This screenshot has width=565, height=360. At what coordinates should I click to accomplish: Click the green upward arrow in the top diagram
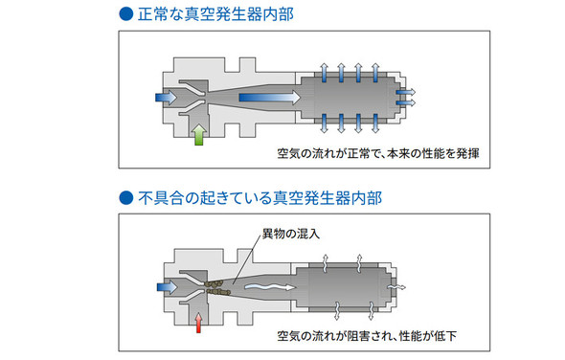point(199,135)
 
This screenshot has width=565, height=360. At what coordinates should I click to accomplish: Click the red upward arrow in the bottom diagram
point(198,323)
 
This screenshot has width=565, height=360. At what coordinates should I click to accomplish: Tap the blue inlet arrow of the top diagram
point(166,98)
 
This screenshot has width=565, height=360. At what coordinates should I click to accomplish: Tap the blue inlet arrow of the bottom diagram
point(168,287)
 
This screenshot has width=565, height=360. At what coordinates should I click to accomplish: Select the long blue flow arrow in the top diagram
point(270,98)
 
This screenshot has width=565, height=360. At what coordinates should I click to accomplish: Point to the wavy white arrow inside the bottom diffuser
point(270,287)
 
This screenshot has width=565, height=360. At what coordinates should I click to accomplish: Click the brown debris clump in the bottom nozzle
point(217,287)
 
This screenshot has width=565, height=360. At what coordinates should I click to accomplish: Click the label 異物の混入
point(291,235)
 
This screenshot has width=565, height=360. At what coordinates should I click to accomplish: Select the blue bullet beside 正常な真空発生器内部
point(126,14)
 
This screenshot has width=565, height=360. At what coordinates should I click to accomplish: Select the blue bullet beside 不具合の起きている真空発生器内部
point(126,197)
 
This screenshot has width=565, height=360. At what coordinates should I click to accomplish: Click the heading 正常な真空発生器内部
point(215,14)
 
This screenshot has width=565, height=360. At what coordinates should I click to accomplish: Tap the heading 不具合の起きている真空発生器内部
point(260,198)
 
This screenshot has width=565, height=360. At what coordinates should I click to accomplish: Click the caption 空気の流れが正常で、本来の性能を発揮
point(378,153)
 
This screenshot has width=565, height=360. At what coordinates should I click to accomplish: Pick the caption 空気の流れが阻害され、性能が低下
point(367,336)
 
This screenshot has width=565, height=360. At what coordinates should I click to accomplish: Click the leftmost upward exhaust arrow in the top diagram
point(324,73)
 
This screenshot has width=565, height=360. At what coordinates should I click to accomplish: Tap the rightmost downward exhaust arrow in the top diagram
point(375,124)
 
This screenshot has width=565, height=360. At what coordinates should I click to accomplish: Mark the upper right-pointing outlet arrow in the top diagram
point(406,92)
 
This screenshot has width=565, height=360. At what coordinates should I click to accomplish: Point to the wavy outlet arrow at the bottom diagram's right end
point(396,287)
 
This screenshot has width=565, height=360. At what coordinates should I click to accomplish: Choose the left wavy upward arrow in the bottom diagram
point(325,263)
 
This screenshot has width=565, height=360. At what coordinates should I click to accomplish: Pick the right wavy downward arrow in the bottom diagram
point(371,311)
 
